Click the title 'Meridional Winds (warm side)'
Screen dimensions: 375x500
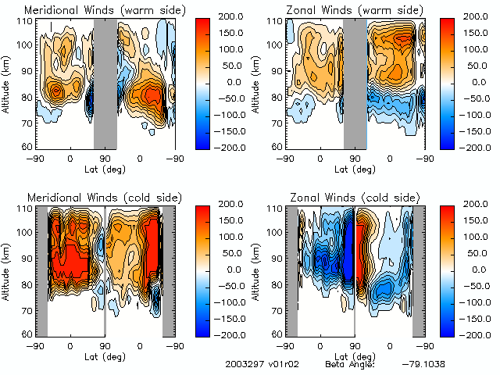[105, 9]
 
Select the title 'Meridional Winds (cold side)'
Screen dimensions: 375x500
[105, 196]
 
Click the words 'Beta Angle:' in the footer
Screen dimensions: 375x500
[350, 365]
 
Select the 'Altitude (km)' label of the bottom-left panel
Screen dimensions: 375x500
[8, 270]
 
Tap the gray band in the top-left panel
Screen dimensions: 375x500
[105, 82]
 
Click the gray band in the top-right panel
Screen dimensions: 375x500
[355, 82]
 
